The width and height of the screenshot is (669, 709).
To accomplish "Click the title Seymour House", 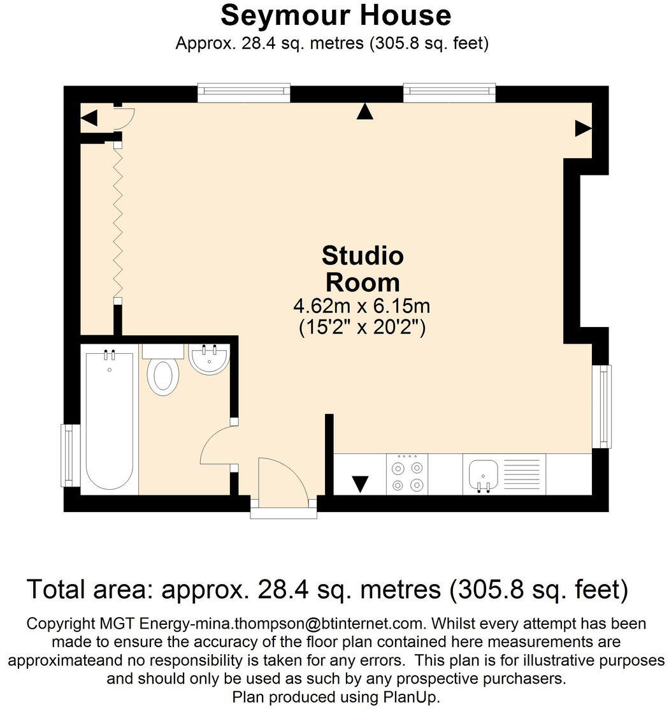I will (335, 16).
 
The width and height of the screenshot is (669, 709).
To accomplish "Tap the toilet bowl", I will (163, 376).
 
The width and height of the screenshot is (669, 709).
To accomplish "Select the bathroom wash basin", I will (209, 359).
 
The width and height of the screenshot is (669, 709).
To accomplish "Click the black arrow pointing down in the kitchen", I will (361, 485).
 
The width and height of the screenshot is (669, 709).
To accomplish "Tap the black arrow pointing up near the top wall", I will (364, 112).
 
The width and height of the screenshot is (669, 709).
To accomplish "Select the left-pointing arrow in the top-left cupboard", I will (89, 118).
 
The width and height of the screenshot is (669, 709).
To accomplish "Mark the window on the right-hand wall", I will (602, 406).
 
